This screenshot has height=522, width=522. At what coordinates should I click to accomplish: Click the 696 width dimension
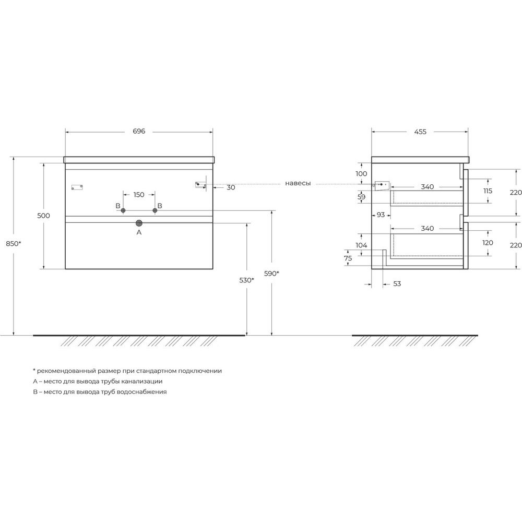139,131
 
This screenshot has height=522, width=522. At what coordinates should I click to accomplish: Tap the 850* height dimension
14,243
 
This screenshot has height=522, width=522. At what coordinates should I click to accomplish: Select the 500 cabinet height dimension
43,216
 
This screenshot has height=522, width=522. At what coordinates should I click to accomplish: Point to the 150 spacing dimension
139,194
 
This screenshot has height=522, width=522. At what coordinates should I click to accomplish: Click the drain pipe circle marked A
139,223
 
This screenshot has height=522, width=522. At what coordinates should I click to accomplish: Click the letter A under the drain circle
139,232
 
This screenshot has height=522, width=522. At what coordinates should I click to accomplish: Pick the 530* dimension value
246,280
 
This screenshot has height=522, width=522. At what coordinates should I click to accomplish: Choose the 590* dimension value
271,274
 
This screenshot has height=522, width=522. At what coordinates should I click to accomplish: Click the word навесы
298,183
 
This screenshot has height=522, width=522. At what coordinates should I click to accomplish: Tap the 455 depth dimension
420,132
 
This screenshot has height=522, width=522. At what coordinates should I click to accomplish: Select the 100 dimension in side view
361,173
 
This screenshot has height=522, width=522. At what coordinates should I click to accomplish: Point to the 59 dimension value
361,197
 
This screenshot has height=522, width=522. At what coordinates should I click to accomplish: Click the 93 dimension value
381,215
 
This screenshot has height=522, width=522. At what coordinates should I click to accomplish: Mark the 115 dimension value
488,191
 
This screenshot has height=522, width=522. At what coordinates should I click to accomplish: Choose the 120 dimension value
488,243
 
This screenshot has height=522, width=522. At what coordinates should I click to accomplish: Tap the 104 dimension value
361,245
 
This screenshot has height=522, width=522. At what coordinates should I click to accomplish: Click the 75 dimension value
348,258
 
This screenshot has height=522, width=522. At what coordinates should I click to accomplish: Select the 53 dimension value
397,283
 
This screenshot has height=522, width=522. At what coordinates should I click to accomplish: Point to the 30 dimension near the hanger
231,187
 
